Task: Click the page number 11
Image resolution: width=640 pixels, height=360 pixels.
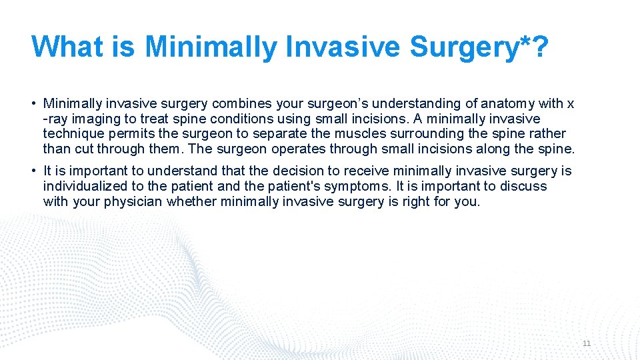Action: point(587,343)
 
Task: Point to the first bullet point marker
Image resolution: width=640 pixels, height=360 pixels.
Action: point(33,104)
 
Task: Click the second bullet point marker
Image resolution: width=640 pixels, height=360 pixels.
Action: point(33,172)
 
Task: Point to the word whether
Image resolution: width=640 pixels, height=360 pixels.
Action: point(190,201)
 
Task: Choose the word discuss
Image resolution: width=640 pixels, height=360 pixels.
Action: point(525,186)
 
